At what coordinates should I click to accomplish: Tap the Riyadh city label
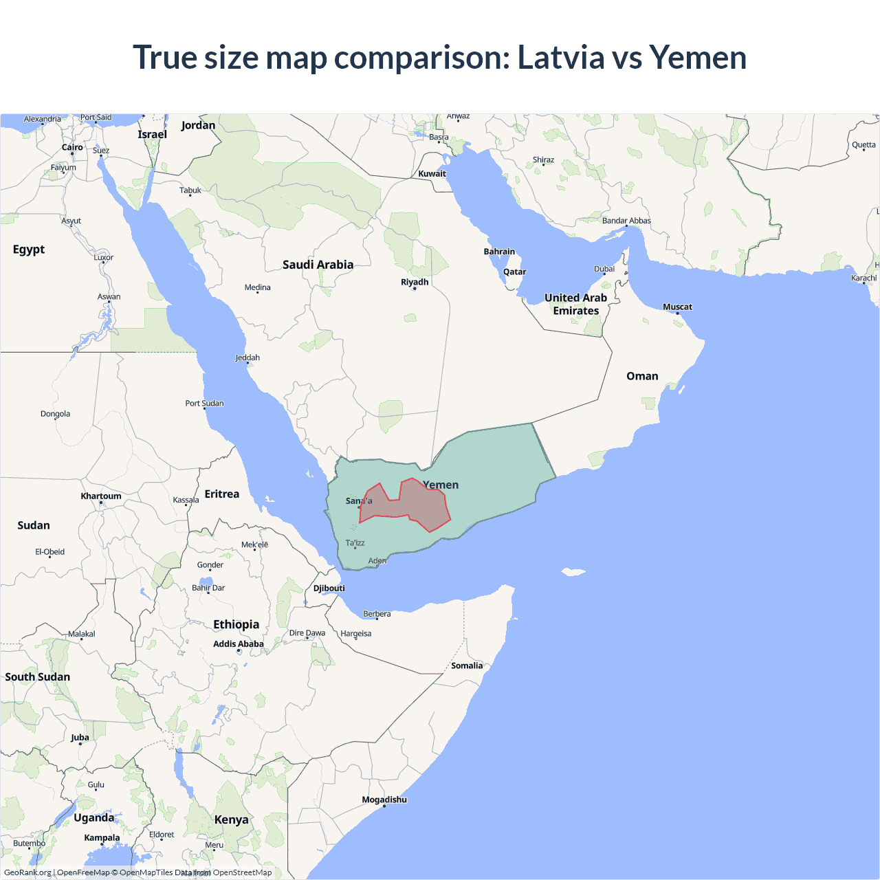point(415,282)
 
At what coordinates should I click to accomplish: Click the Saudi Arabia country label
point(318,265)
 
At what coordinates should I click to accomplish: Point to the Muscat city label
point(677,307)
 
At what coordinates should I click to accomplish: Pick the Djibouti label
point(329,588)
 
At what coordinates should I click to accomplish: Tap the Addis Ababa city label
point(238,644)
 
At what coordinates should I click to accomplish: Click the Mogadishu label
point(384,800)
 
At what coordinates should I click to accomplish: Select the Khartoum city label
point(101,496)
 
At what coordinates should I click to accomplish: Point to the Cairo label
point(72,147)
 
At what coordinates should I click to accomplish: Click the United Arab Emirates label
point(576,304)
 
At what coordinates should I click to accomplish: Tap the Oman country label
point(642,376)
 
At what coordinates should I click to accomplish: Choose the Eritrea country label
point(222,494)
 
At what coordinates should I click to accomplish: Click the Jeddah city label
point(247,357)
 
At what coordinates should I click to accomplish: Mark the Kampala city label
point(102,837)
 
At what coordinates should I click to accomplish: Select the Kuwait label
point(432,174)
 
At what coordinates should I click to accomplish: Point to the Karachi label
point(863,278)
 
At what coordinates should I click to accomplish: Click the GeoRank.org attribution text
point(27,872)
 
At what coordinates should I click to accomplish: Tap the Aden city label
point(377,561)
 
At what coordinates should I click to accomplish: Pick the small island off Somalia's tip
point(573,571)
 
